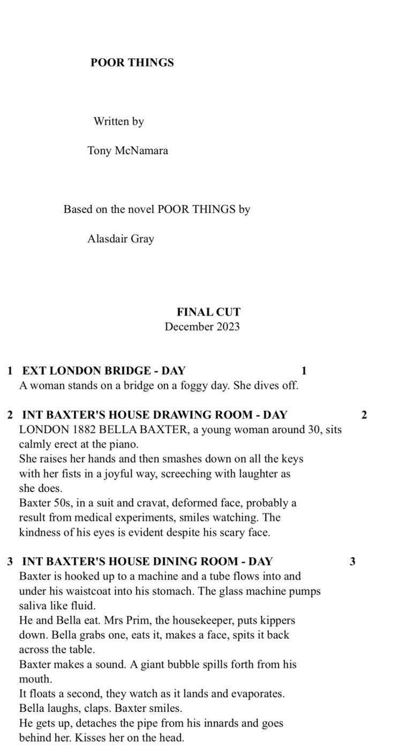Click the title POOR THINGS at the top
[x=132, y=63]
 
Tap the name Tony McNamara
[x=127, y=150]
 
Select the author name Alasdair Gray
[x=121, y=239]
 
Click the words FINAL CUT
[x=208, y=312]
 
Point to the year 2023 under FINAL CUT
[x=228, y=327]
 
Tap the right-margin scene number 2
[x=364, y=414]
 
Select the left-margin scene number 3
[x=10, y=562]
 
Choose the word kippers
[x=277, y=620]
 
